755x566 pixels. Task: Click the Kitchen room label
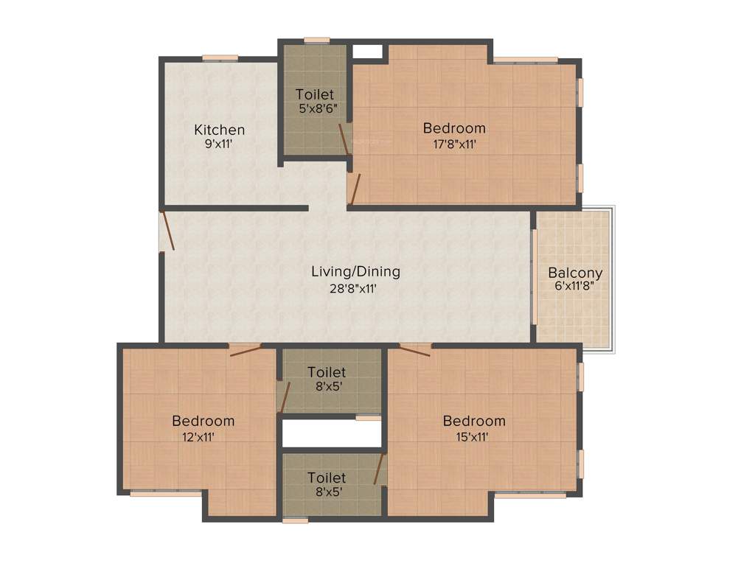pos(219,130)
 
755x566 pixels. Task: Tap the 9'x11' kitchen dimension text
pos(219,144)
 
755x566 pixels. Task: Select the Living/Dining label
pos(355,272)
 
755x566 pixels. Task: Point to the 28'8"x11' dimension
pos(353,289)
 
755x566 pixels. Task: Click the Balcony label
pos(575,273)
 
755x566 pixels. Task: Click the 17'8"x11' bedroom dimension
pos(454,144)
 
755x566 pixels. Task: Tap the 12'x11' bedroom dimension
pos(203,436)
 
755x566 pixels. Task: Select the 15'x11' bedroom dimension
pos(474,436)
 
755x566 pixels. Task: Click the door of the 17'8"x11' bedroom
pos(354,189)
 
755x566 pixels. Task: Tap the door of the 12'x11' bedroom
pos(245,350)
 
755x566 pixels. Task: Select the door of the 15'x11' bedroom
pos(414,350)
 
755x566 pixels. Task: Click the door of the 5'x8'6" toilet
pos(344,139)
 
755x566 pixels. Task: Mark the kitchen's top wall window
pos(220,57)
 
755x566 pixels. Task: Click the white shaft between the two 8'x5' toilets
pos(332,433)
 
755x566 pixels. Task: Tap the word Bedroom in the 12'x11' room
pos(203,422)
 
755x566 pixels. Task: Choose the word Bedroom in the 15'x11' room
pos(474,422)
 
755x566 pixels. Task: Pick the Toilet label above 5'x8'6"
pos(315,94)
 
